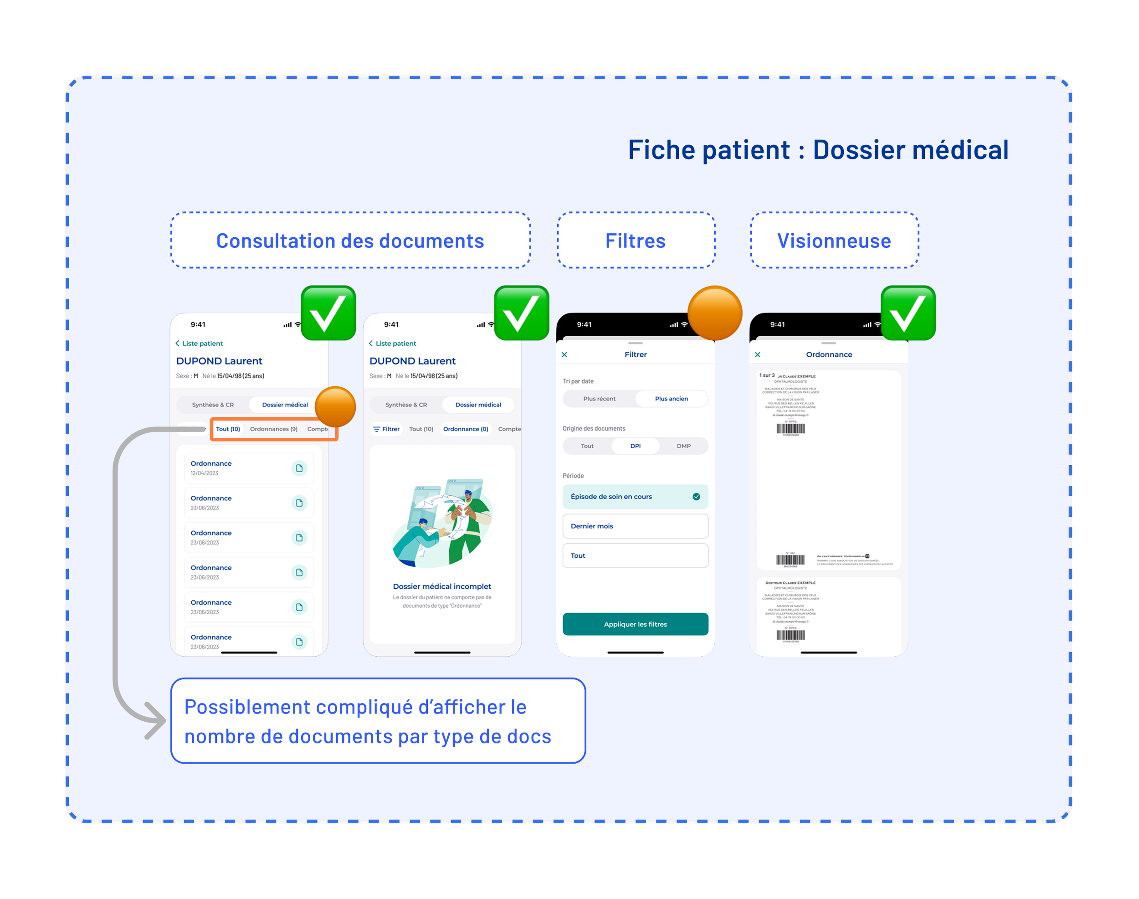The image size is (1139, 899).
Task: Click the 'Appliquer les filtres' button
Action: [635, 624]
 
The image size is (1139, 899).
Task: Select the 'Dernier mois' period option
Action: [635, 526]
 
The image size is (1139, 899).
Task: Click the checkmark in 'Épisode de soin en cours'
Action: [696, 497]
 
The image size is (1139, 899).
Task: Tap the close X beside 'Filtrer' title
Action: [564, 355]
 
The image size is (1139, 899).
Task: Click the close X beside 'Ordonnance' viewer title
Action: [757, 355]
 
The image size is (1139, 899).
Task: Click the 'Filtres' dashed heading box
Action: [635, 241]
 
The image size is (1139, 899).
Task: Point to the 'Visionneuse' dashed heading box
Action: [834, 241]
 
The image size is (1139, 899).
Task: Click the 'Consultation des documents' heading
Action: [350, 241]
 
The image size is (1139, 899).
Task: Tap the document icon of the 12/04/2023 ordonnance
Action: [299, 468]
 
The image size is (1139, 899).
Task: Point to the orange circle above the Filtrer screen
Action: [715, 313]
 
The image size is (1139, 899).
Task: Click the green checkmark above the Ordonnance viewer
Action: [908, 313]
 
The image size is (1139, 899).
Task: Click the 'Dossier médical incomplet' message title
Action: [441, 586]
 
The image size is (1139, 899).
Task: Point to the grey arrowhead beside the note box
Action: [155, 720]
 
